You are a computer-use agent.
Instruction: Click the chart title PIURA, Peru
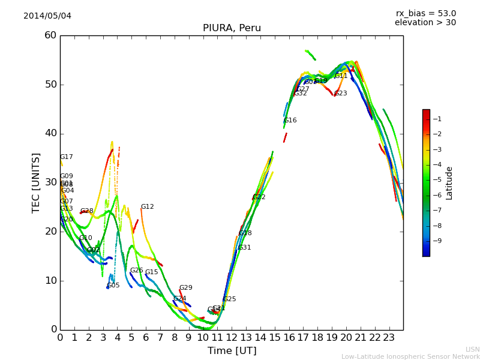coord(232,28)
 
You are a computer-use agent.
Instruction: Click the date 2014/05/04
coord(47,16)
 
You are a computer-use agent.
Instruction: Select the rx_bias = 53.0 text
coord(425,13)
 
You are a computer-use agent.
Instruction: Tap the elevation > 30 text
coord(425,23)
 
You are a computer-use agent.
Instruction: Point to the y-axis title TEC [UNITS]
coord(36,182)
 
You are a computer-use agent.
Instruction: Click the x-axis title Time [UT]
coord(232,351)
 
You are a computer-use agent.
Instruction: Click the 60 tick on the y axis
coord(50,35)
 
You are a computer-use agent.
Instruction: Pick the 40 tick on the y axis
coord(50,133)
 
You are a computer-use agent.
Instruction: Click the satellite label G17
coord(66,157)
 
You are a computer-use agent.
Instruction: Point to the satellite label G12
coord(147,207)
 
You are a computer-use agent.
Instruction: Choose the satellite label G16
coord(290,121)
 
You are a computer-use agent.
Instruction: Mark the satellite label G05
coord(113,286)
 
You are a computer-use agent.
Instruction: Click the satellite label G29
coord(185,288)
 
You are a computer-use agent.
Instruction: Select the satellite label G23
coord(340,94)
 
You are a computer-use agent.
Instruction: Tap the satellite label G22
coord(259,197)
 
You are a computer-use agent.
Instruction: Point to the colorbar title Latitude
coord(449,182)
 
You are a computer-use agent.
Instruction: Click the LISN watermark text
coord(472,349)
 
